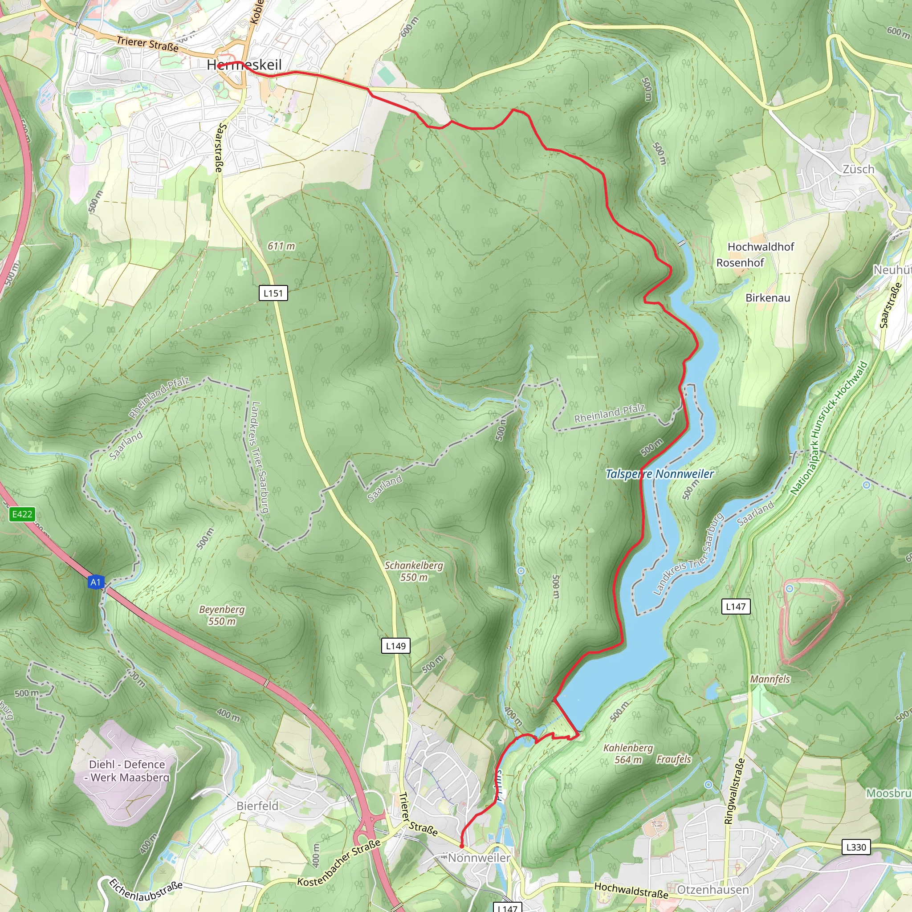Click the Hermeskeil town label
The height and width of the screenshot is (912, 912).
point(244,65)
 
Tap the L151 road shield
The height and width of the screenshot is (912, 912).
point(273,293)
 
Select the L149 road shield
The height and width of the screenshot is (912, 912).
point(395,646)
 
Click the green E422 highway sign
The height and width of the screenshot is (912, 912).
point(22,514)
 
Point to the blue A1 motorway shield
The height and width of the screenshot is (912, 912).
point(96,582)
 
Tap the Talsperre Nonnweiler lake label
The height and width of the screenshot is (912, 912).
point(660,474)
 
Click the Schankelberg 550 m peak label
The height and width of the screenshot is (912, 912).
point(414,571)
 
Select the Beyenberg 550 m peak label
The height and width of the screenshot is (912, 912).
point(222,615)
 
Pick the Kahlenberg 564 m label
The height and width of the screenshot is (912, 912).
point(628,753)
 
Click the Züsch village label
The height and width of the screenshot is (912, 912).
point(858,169)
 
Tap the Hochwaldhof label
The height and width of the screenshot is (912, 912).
point(761,247)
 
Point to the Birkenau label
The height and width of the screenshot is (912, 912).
point(768,298)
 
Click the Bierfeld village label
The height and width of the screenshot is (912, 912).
point(257,806)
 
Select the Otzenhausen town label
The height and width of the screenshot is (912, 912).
point(713,889)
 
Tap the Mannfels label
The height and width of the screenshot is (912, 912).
point(770,679)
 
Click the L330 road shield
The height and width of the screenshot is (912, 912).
point(856,847)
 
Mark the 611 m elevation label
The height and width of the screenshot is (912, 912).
point(281,246)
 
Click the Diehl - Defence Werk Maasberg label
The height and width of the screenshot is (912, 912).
point(127,770)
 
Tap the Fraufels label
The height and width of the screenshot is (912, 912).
point(673,759)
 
